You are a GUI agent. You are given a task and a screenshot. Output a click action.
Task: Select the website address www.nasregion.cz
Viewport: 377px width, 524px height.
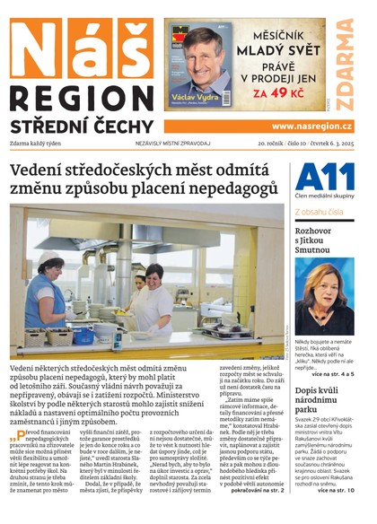point(312,127)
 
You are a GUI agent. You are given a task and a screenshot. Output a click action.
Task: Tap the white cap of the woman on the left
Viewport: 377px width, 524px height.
point(50,259)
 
